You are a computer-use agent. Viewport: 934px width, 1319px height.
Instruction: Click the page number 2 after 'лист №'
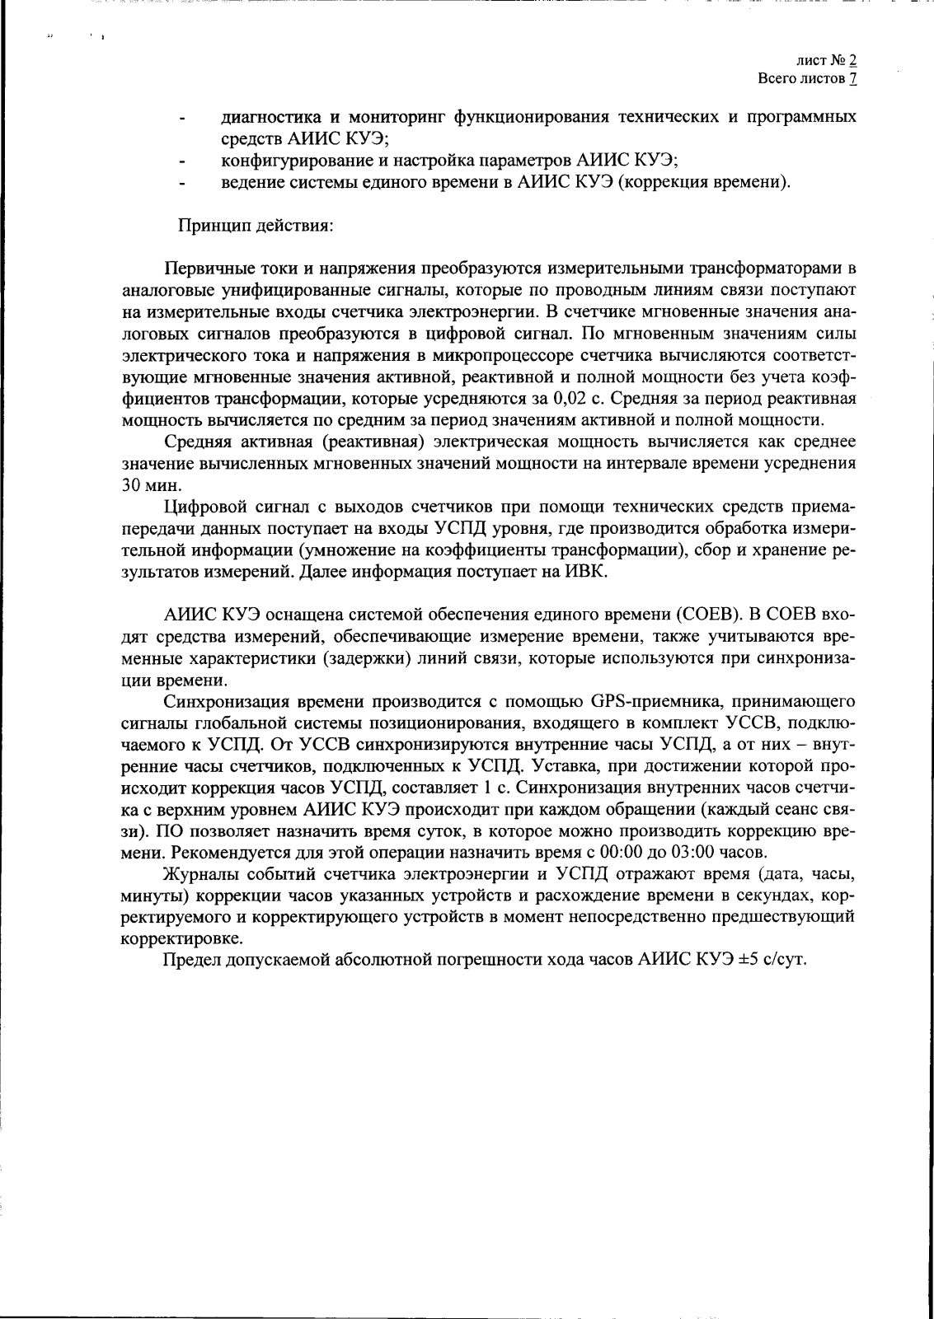852,60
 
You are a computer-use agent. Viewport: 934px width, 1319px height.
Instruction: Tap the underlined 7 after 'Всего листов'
852,79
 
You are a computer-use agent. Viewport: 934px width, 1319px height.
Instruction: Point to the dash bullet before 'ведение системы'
181,184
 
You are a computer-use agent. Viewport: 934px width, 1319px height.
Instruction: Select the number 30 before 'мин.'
133,485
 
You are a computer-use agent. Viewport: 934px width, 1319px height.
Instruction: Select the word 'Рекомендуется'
222,852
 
